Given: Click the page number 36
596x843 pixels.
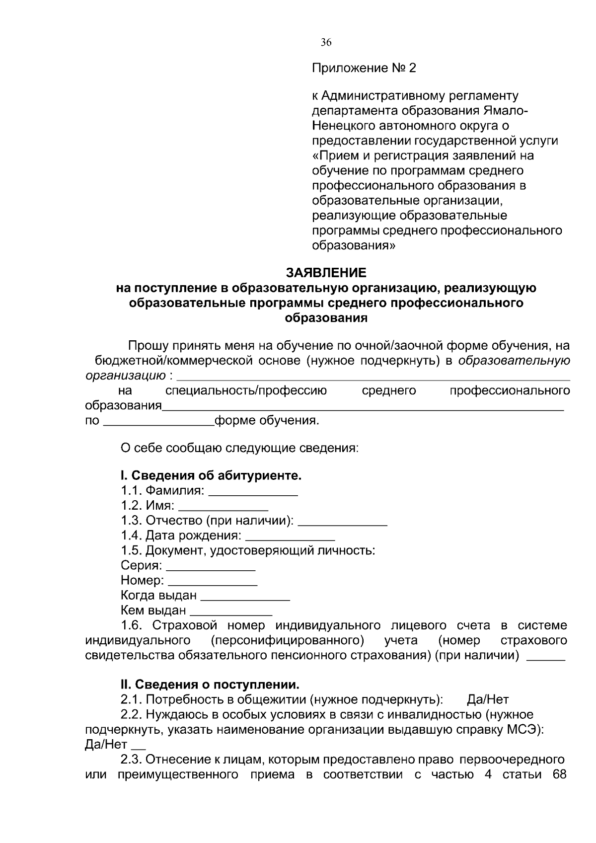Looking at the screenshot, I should [x=326, y=43].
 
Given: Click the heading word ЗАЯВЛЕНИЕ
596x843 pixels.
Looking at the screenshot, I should [x=326, y=273].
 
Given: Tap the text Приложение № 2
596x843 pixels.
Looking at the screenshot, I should [x=364, y=68].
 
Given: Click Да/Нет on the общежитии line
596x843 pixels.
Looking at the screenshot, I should [x=488, y=700].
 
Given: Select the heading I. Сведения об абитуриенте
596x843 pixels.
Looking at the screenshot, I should [x=211, y=476].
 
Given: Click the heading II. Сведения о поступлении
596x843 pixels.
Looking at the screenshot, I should [x=210, y=685].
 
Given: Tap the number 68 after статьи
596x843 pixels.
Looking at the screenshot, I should [x=559, y=774].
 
